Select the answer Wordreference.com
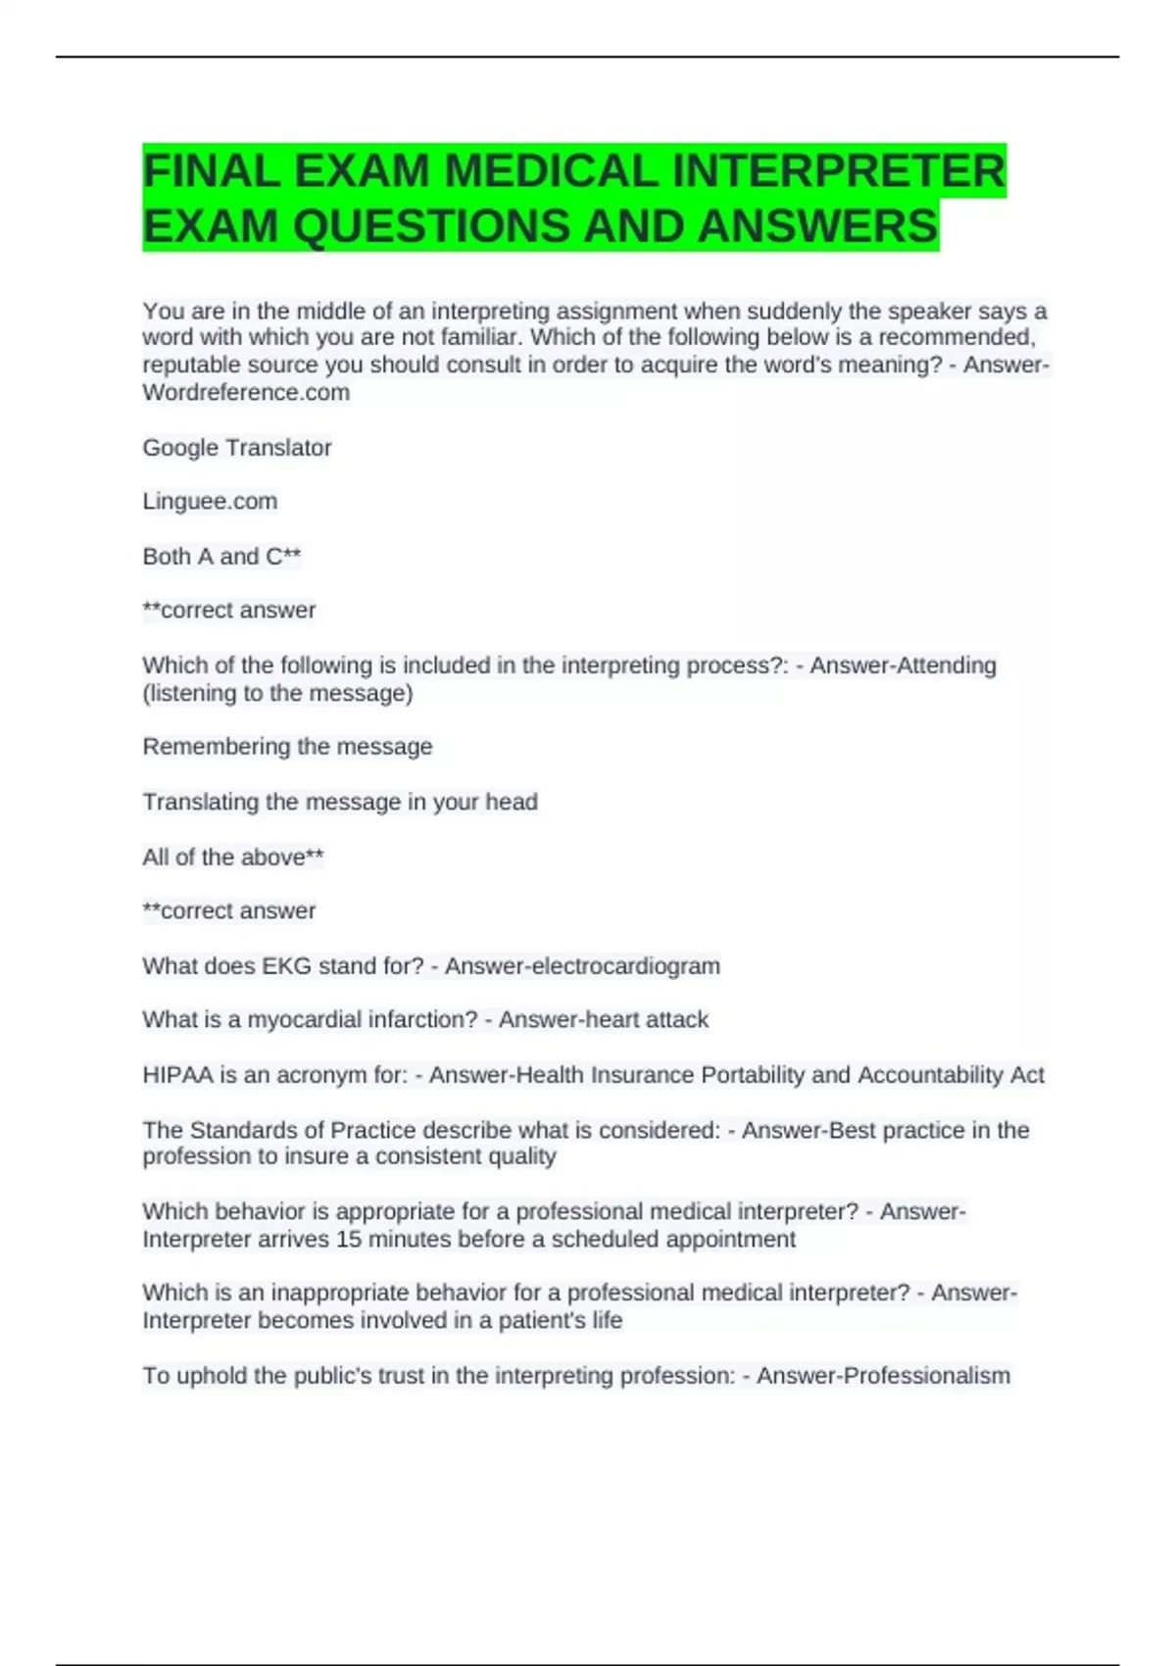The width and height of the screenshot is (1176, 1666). pyautogui.click(x=246, y=393)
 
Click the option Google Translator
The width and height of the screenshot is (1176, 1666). pyautogui.click(x=237, y=448)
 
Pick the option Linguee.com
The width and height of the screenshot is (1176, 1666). pyautogui.click(x=210, y=502)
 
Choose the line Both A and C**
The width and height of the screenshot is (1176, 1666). pyautogui.click(x=221, y=557)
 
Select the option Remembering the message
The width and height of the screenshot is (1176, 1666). pyautogui.click(x=287, y=747)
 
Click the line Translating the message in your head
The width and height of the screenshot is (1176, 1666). pyautogui.click(x=340, y=802)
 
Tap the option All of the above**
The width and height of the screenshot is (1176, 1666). pyautogui.click(x=232, y=857)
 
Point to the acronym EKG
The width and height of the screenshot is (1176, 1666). pyautogui.click(x=286, y=966)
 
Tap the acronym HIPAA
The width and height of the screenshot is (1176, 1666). pyautogui.click(x=177, y=1075)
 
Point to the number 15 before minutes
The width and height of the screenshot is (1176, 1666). pyautogui.click(x=348, y=1240)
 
